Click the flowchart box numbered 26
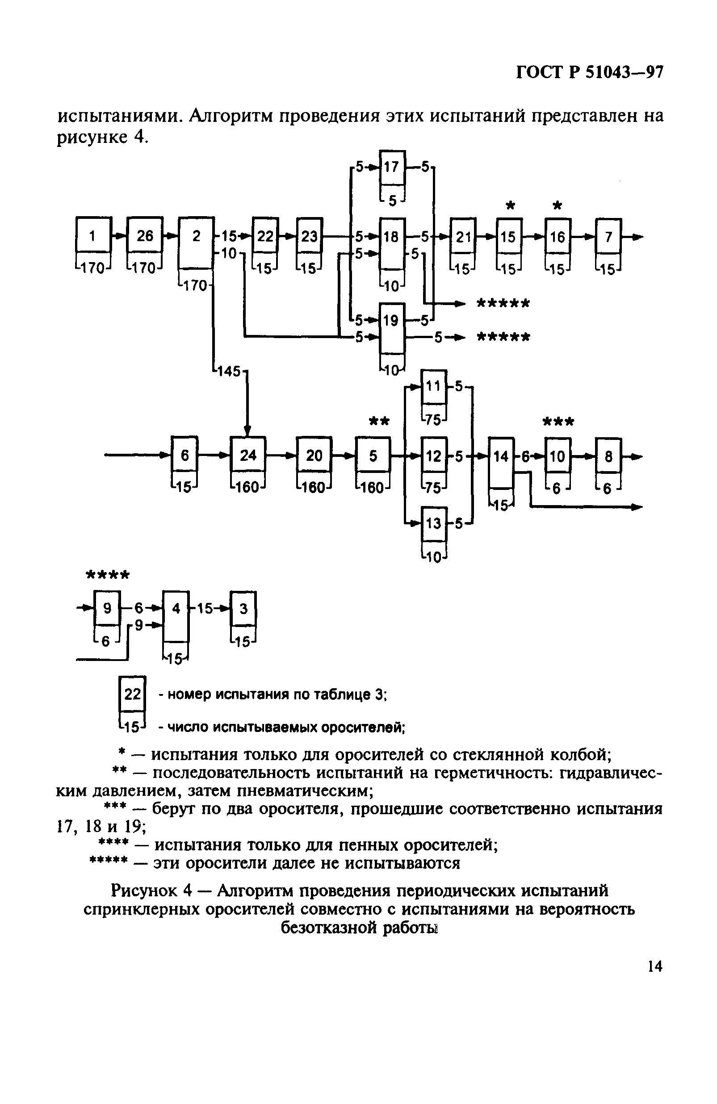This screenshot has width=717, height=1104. [x=144, y=236]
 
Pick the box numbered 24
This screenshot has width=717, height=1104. [x=248, y=455]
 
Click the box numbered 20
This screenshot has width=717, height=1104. [x=314, y=455]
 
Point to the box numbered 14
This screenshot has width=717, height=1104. [x=501, y=457]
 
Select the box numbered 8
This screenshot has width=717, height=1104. [x=608, y=456]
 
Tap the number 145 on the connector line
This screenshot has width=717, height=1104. [x=228, y=371]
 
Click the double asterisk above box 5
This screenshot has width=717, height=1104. [x=379, y=421]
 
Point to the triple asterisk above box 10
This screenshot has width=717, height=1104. [x=558, y=422]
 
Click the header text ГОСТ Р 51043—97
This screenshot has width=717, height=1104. [x=589, y=73]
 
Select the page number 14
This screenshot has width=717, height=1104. [x=655, y=976]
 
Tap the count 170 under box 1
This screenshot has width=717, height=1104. [x=93, y=268]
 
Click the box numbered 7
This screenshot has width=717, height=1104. [x=608, y=237]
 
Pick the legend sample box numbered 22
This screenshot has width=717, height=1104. [x=132, y=694]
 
